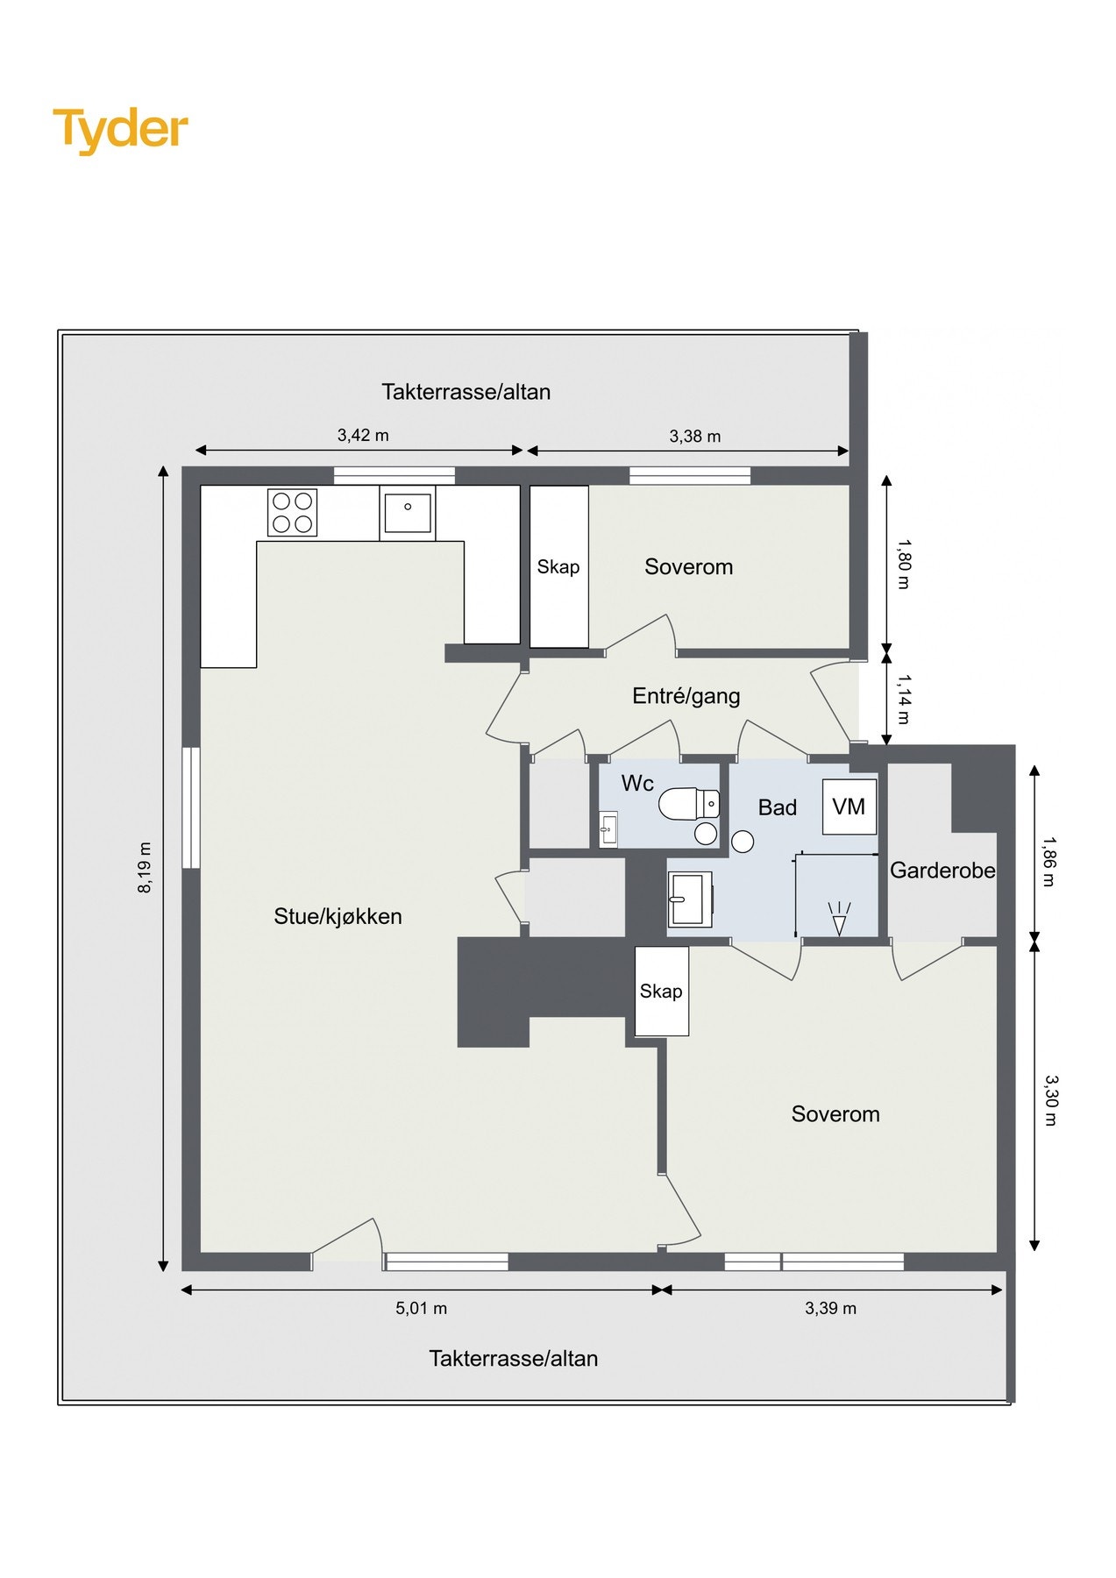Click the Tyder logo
pos(120,130)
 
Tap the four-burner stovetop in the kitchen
pos(292,512)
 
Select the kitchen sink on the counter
pos(408,513)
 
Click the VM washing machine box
pos(849,807)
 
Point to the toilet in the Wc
pos(689,803)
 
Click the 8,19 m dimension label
pos(145,867)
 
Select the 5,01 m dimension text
pos(421,1308)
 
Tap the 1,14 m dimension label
pos(904,699)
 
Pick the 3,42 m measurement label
pos(363,435)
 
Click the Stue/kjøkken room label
pos(338,916)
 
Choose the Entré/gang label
pos(686,696)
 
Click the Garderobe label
pos(942,871)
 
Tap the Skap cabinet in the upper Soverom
pos(559,566)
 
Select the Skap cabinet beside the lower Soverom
pos(661,992)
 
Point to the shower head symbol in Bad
pos(839,919)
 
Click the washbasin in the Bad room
pos(690,899)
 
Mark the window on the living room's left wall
pos(190,807)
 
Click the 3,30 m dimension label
pos(1051,1100)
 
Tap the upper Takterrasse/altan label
pos(466,392)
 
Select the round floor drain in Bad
pos(743,842)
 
